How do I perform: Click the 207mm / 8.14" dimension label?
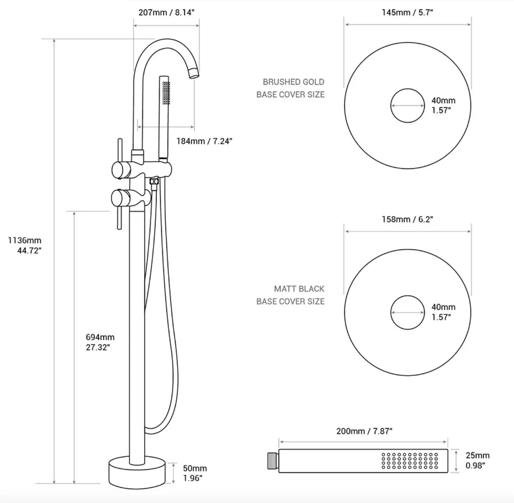tap(166, 12)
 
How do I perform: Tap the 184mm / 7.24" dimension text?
tap(204, 141)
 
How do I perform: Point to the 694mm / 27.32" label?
tap(100, 342)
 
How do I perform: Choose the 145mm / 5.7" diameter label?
tap(407, 12)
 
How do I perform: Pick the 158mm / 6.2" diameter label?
tap(407, 219)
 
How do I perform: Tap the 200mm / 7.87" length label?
tap(364, 431)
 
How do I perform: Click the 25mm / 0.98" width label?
tap(477, 460)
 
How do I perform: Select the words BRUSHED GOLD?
tap(293, 82)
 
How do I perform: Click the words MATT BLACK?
tap(299, 289)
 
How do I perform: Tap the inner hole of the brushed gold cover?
tap(407, 106)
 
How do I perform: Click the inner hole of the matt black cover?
tap(407, 312)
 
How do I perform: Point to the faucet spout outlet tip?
tap(194, 74)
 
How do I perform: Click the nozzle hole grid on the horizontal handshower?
tap(410, 461)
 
